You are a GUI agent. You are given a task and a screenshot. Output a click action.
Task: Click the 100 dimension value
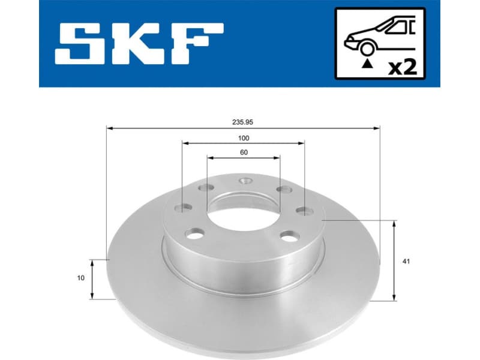tap(242, 137)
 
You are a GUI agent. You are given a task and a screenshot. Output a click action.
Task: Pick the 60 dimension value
tap(243, 152)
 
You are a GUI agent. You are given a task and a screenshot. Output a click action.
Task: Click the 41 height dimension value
tap(406, 261)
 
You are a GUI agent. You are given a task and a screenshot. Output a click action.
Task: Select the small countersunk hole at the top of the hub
tap(244, 181)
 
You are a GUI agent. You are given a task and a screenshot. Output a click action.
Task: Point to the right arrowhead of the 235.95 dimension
tap(377, 127)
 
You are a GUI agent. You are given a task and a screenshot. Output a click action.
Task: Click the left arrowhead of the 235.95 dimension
tap(109, 127)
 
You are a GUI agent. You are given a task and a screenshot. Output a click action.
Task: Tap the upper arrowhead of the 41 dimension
tap(394, 224)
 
